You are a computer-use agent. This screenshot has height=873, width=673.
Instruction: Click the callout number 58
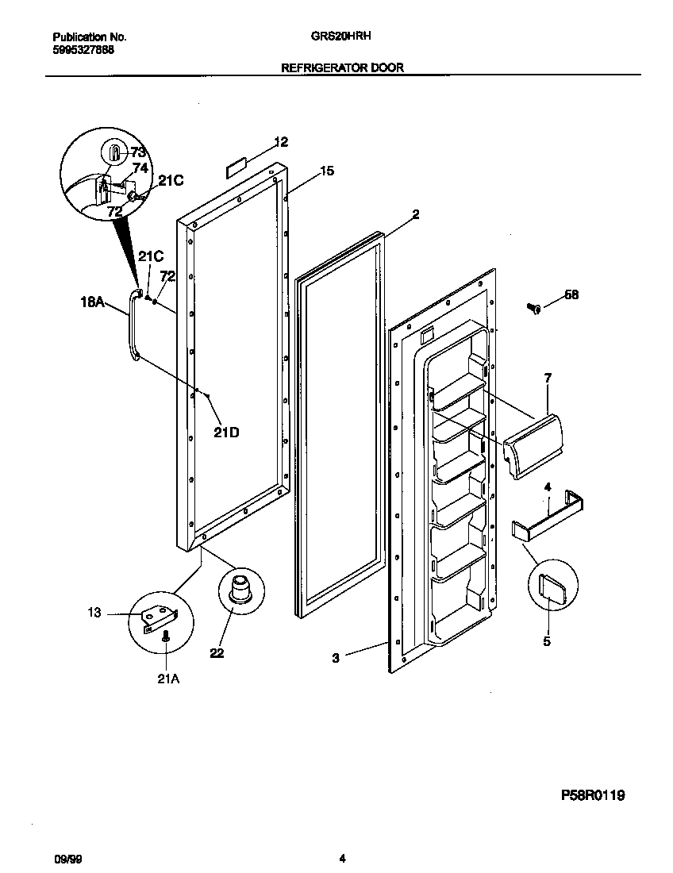click(571, 294)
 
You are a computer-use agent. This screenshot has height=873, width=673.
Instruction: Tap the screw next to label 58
click(534, 308)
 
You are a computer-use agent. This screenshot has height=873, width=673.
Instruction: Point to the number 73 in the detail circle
click(138, 152)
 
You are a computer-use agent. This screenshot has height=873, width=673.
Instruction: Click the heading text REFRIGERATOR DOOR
click(342, 68)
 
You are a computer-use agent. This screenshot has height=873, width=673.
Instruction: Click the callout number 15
click(327, 171)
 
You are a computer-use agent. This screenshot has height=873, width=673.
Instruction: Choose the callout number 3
click(336, 657)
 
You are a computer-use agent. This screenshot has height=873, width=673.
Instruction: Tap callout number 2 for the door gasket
click(415, 214)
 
